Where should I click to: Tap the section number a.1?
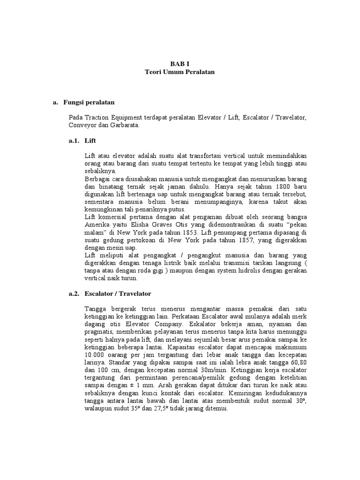[x=74, y=140]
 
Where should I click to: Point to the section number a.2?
[x=74, y=293]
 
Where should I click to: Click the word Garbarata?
[x=124, y=125]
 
